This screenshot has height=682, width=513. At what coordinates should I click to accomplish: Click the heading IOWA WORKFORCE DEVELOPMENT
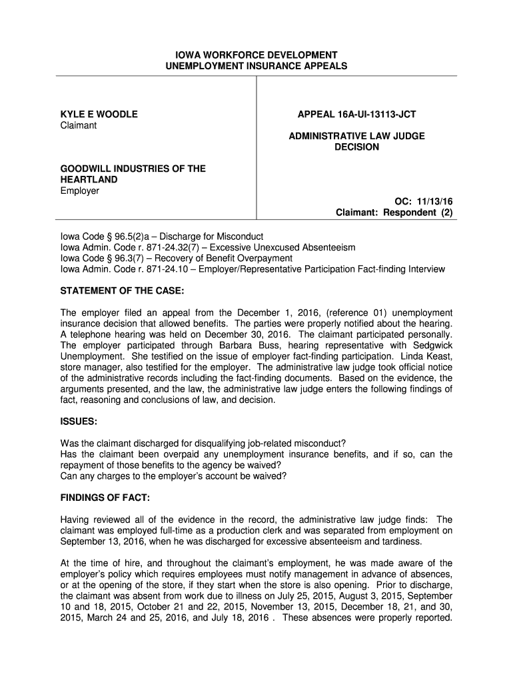[256, 55]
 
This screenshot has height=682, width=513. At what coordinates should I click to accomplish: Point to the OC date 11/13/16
[436, 202]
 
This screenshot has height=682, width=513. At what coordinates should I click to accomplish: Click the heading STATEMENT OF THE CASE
[122, 291]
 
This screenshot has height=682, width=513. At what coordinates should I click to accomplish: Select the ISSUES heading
[79, 422]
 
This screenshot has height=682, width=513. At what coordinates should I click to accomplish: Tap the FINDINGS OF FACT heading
[105, 498]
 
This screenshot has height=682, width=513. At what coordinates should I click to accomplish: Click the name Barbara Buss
[244, 345]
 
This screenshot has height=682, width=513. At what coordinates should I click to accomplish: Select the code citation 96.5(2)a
[133, 236]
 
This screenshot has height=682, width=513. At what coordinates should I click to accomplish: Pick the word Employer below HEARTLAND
[80, 191]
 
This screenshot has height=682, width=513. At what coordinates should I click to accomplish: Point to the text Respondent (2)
[422, 213]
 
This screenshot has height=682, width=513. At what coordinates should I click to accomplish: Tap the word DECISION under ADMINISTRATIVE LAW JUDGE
[356, 147]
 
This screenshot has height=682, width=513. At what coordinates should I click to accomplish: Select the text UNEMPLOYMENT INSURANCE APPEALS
[256, 66]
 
